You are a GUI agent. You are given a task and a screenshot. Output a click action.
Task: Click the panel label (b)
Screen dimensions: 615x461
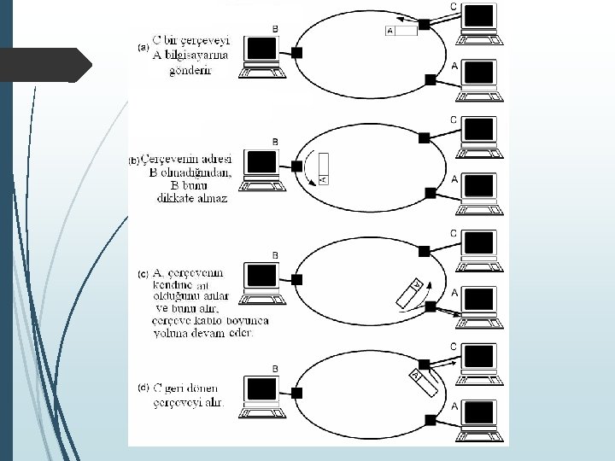point(134,160)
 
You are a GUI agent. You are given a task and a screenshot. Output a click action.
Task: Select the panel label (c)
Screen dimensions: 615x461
point(143,274)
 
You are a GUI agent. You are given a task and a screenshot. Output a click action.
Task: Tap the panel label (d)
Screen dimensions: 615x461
point(143,387)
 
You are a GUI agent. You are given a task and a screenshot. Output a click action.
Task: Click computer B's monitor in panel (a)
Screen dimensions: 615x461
point(260,50)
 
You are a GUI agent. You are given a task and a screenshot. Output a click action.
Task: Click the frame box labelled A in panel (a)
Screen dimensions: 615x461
point(401,32)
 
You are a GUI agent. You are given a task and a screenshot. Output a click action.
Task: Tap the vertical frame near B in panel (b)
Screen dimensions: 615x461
point(322,168)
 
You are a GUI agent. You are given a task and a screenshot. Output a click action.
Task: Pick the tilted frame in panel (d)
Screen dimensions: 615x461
point(425,382)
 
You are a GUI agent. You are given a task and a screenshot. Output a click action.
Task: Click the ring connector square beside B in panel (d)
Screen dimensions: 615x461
point(296,393)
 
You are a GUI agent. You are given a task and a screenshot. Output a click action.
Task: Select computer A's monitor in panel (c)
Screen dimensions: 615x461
point(479,299)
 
